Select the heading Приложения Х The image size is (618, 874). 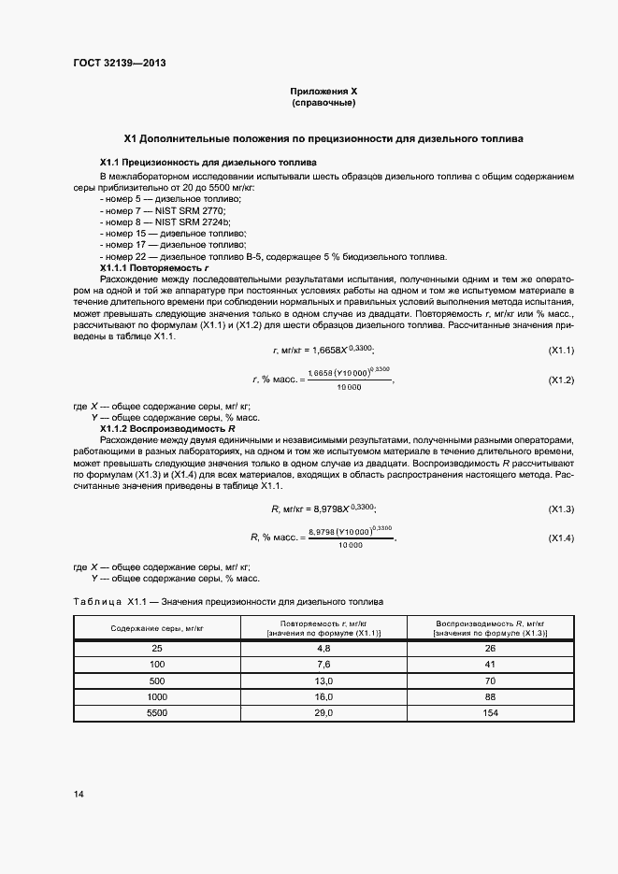coord(323,92)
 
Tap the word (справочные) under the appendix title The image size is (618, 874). coord(323,103)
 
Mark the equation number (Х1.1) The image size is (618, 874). coord(560,350)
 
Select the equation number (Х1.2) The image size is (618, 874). coord(560,380)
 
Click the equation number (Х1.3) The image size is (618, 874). coord(560,509)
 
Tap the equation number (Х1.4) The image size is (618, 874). coord(560,538)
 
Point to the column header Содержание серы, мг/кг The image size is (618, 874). coord(157,628)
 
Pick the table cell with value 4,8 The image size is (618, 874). coord(324,647)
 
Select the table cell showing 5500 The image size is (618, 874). coord(157,713)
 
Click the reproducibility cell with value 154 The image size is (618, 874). coord(490,713)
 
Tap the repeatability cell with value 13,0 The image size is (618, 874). coord(324,681)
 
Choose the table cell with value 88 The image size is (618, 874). coord(490,696)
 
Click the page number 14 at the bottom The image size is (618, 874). coord(79,794)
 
